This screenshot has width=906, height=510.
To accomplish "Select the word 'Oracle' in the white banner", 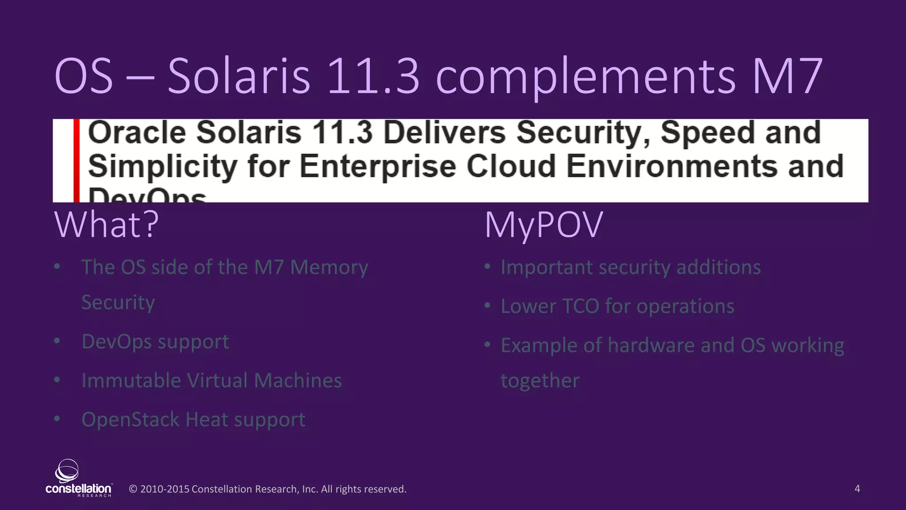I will (137, 132).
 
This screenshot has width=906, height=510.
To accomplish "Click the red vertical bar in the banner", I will (77, 160).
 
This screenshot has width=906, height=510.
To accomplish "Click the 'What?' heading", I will (107, 224).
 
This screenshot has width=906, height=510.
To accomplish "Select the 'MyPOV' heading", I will (544, 224).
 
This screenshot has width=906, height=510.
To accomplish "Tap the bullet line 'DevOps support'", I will (155, 342).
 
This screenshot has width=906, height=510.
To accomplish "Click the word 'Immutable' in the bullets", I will (131, 381).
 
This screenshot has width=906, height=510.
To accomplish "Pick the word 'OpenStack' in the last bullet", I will (129, 420).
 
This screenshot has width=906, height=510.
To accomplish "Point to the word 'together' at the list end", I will (540, 381).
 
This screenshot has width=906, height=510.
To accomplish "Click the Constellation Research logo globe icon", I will (67, 471).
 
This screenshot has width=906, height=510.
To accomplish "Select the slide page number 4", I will (857, 489).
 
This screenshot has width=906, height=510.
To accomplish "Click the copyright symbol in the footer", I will (133, 489).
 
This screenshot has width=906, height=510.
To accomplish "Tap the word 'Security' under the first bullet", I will (118, 303).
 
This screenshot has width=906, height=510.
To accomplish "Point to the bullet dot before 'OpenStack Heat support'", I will (57, 419).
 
